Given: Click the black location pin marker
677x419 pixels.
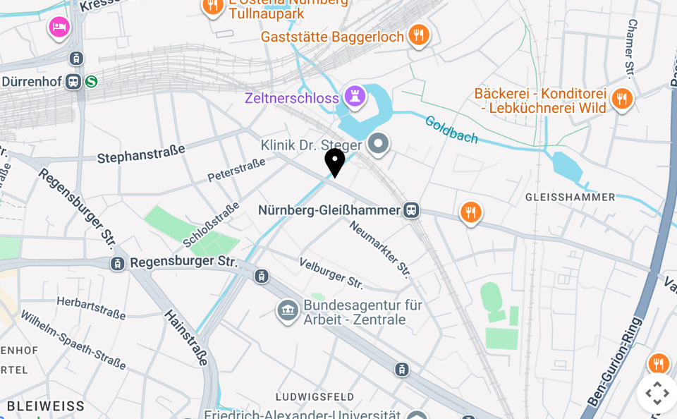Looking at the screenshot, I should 335,162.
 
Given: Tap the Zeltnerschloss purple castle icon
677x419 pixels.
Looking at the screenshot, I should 354,97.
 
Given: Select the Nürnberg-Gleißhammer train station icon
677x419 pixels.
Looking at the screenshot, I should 411,210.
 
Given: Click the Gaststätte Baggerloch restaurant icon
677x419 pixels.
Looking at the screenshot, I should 419,35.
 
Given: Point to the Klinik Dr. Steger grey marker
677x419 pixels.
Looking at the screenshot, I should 379,144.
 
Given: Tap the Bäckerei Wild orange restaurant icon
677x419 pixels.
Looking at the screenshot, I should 621,99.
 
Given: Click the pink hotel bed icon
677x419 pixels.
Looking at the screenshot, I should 59,28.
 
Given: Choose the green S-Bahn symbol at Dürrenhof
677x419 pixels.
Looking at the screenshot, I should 91,82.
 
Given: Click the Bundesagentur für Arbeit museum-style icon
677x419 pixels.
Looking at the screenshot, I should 288,310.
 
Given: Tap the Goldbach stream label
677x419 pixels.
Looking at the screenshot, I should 451,129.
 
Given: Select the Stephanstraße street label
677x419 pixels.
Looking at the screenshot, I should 141,153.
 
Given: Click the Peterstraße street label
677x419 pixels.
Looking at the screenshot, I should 236,169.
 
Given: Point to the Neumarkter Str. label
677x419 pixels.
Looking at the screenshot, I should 380,248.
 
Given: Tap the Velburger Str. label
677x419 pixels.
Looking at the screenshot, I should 331,273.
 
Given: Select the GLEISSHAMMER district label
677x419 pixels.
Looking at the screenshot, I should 570,197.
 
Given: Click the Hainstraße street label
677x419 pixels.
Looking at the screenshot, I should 187,338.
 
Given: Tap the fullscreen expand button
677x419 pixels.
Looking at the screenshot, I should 657,393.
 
